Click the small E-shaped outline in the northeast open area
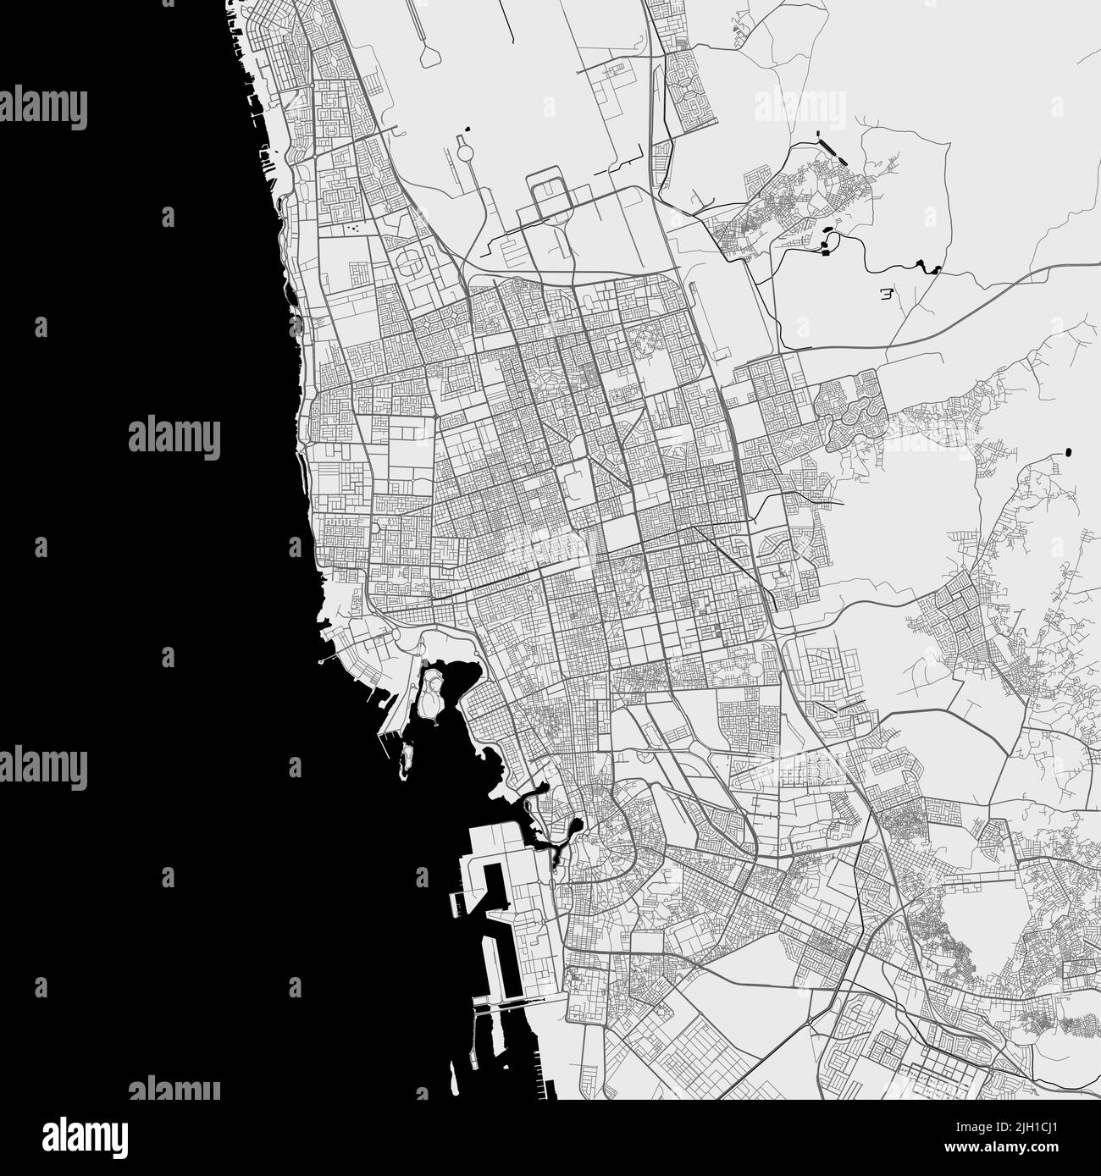coord(887,295)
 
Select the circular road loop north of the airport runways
coord(465,152)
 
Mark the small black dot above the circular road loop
coord(467,130)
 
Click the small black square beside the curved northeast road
coord(822,249)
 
